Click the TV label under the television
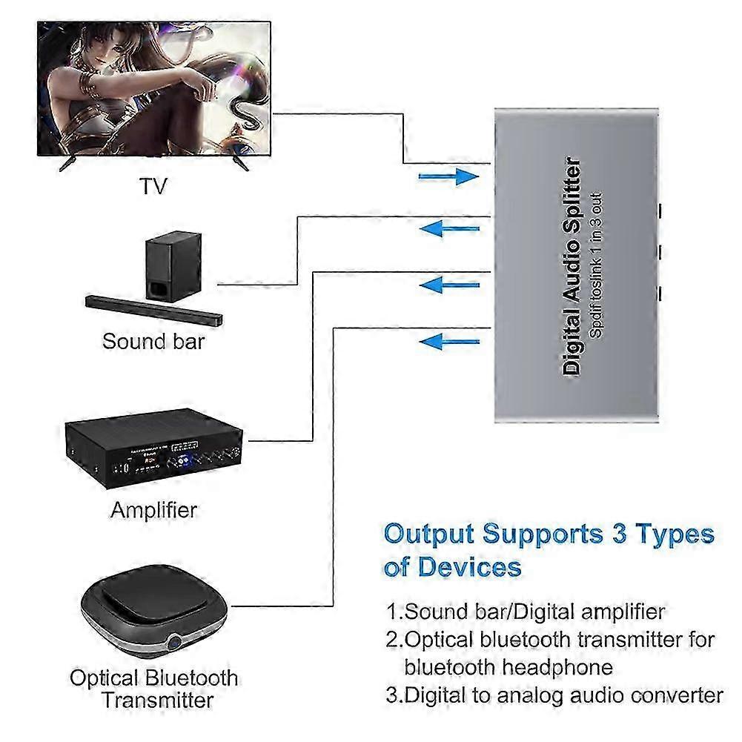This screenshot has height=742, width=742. coord(153,185)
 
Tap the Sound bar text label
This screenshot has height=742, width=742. coord(153,342)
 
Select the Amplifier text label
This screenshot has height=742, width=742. coord(153,510)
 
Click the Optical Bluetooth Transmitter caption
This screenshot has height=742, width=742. coord(154,689)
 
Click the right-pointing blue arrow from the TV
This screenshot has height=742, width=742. coord(448,176)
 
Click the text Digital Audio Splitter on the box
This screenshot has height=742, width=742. coord(572,266)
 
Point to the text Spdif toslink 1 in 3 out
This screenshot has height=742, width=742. coord(597,266)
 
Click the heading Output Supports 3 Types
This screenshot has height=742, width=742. coord(549,534)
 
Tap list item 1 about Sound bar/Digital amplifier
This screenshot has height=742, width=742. coord(526,612)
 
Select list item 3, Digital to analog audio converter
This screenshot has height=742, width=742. coord(554,695)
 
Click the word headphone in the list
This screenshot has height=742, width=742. coord(567,666)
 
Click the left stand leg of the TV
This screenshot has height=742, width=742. coord(67,162)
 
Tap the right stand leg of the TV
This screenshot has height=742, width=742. coord(239,162)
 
